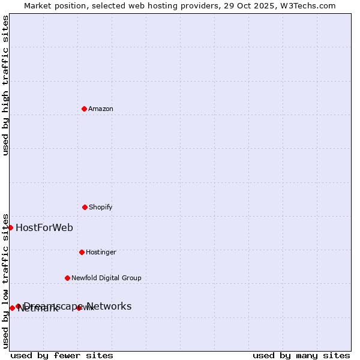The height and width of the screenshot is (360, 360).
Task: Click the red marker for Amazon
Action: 84,109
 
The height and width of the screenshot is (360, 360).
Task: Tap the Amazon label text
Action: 101,109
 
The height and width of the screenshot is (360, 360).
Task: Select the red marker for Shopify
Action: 85,207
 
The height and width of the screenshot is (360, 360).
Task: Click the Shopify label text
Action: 101,207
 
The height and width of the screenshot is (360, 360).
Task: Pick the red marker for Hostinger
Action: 82,252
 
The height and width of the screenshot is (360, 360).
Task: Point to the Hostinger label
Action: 101,252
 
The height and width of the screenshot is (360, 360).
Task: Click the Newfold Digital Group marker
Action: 67,278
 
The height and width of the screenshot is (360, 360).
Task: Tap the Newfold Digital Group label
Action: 106,278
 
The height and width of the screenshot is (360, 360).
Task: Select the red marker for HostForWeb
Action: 10,227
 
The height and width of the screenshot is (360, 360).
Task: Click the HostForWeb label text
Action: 44,227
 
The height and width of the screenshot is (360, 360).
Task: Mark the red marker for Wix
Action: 79,308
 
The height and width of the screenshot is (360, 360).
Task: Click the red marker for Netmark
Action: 12,308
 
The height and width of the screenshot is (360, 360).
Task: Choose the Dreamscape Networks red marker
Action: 18,306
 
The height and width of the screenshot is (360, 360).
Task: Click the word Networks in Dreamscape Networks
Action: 109,306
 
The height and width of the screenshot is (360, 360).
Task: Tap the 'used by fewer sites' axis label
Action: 62,355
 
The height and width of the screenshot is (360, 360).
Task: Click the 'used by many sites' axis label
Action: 301,355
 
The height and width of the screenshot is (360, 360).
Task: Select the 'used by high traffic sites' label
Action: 5,85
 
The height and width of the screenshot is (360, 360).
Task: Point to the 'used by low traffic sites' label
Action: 5,281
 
